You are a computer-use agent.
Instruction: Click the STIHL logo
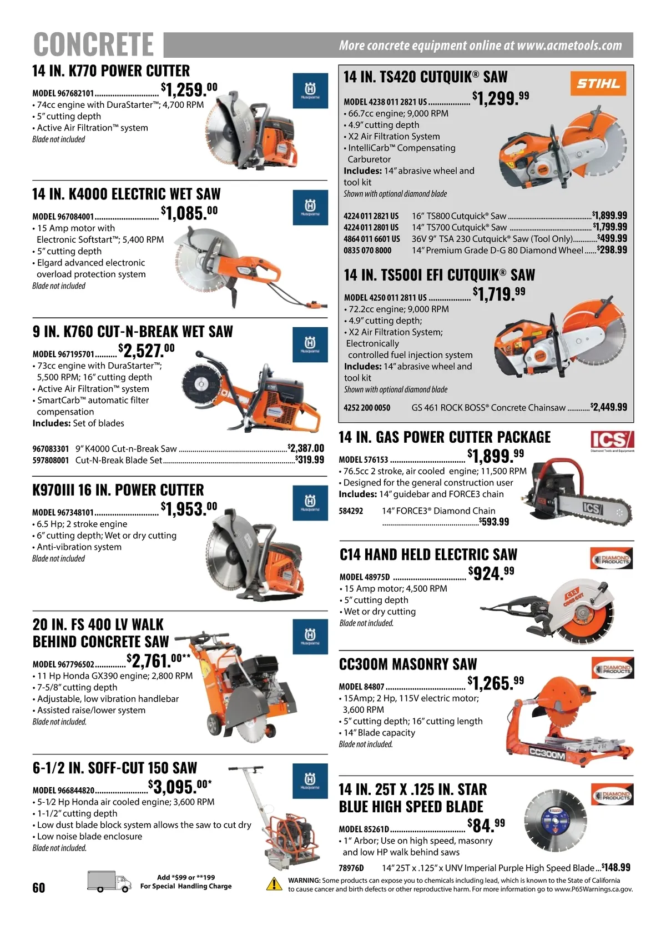click(x=598, y=83)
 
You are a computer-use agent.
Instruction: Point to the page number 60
click(x=39, y=887)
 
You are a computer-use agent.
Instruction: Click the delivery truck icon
click(x=109, y=882)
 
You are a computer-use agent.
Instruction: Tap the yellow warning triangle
click(x=274, y=884)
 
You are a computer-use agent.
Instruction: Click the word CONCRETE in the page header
click(x=93, y=44)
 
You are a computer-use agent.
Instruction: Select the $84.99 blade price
click(x=486, y=826)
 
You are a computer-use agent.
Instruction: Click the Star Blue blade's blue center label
click(x=554, y=819)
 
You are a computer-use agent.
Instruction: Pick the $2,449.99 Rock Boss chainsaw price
click(x=609, y=407)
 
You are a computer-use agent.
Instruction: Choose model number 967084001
click(x=63, y=217)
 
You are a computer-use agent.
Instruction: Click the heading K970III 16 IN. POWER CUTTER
click(x=118, y=490)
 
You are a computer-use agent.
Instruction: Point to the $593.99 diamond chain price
click(x=494, y=522)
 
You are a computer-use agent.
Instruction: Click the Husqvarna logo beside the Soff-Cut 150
click(x=310, y=781)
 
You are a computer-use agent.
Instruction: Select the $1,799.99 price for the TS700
click(x=610, y=227)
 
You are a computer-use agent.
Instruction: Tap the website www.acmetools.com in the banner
click(x=569, y=45)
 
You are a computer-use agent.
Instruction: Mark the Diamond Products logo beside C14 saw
click(x=611, y=558)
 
